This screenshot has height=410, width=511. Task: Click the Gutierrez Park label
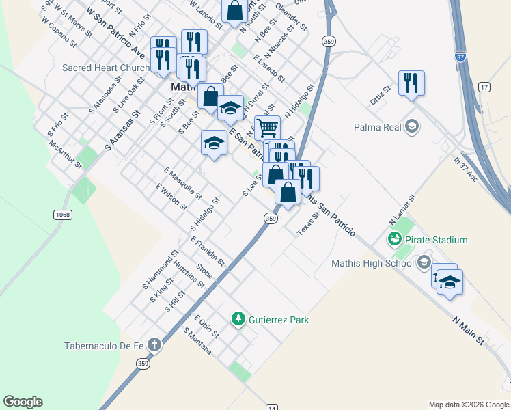click(x=279, y=320)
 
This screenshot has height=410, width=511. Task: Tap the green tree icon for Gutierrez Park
click(x=238, y=319)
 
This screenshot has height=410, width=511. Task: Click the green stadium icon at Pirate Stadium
click(x=393, y=239)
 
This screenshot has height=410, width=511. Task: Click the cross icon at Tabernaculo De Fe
click(x=154, y=345)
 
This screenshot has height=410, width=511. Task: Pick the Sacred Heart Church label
click(x=105, y=68)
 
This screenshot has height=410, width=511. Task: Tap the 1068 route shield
click(x=61, y=215)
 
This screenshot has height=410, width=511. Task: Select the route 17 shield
click(x=484, y=87)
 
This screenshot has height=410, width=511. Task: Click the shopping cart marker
click(x=267, y=127)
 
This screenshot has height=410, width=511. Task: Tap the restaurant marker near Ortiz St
click(x=411, y=83)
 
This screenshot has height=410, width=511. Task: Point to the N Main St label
click(x=469, y=329)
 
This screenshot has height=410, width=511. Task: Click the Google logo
click(x=23, y=402)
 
